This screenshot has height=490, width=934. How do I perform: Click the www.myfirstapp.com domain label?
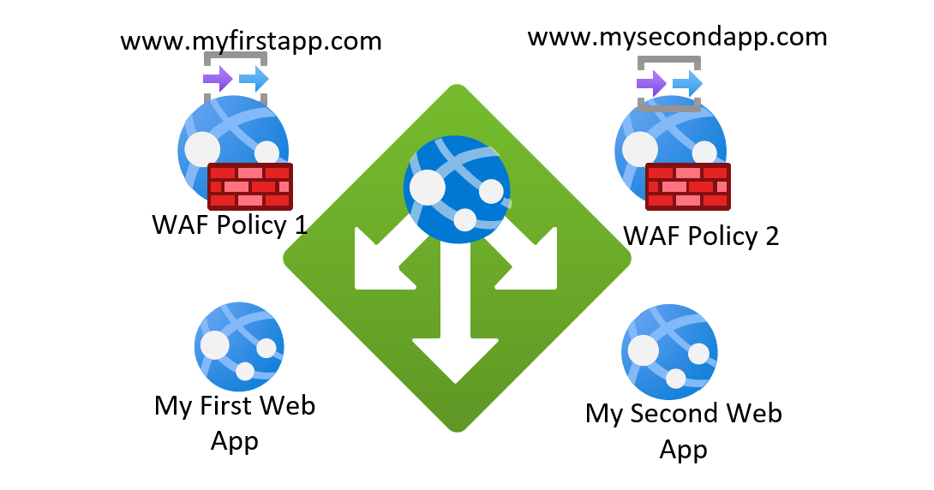coord(250,41)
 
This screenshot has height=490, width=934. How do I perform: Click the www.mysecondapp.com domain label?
coord(677,37)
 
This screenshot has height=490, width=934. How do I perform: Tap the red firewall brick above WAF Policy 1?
coord(250,186)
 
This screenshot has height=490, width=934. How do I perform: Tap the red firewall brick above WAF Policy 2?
coord(687,186)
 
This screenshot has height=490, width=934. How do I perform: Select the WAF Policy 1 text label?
coord(229,225)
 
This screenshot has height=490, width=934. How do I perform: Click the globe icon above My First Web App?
coord(239,347)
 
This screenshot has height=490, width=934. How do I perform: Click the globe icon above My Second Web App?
coord(668,350)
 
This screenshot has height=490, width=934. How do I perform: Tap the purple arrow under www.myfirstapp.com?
coord(218,81)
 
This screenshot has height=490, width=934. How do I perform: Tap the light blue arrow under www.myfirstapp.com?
coord(254,81)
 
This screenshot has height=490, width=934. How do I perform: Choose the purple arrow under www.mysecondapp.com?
coord(652,84)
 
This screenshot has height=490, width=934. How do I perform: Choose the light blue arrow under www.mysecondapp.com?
coord(687,84)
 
